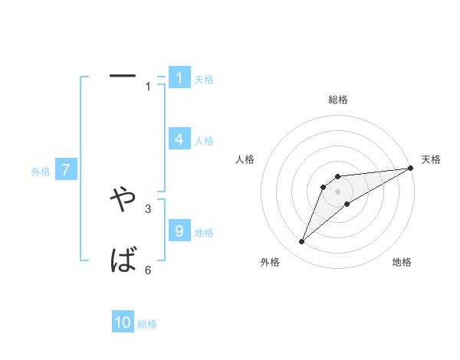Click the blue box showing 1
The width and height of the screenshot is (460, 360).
click(x=179, y=78)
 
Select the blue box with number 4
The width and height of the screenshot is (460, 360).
click(x=179, y=139)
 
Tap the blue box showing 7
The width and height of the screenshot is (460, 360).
click(x=66, y=170)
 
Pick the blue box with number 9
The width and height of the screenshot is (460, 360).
click(x=179, y=231)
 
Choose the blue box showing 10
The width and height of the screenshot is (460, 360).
click(x=123, y=322)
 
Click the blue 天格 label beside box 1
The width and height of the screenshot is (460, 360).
click(x=204, y=80)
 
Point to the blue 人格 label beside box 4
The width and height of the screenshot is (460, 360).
click(x=204, y=141)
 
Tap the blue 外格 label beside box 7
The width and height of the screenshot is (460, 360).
click(x=41, y=172)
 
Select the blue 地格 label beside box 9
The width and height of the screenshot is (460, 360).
click(x=204, y=233)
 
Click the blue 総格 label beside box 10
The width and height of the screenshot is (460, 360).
click(x=147, y=324)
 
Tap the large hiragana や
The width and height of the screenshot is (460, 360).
click(x=123, y=199)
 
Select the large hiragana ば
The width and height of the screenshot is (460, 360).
click(x=123, y=261)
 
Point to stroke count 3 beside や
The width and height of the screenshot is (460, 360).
click(x=148, y=208)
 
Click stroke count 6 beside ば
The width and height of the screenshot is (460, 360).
click(x=148, y=270)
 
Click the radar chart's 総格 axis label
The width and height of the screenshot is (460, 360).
click(x=337, y=100)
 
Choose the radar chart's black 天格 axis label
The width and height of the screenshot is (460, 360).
click(x=431, y=159)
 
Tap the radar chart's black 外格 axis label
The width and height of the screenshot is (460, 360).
click(x=269, y=262)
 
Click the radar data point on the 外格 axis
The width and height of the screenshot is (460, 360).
click(x=302, y=242)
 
